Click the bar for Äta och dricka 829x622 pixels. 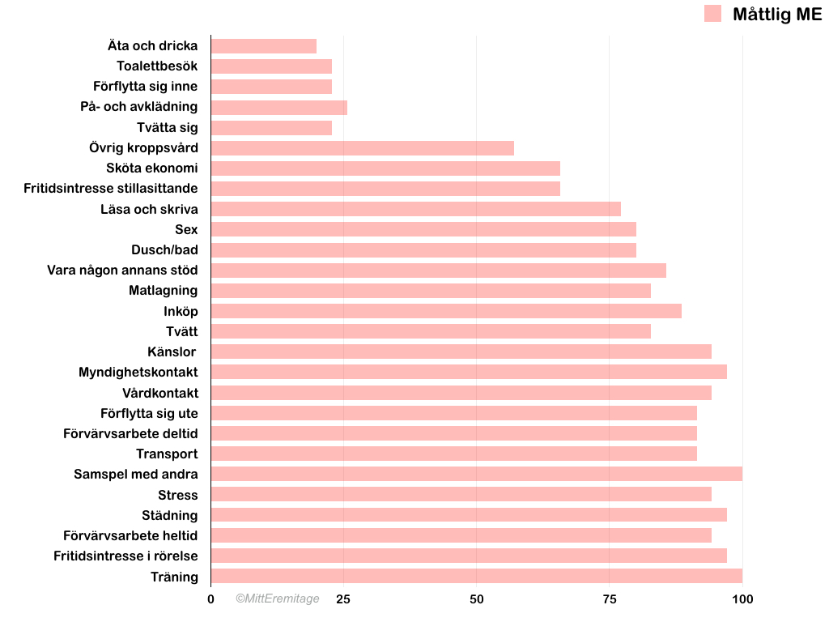click(x=263, y=46)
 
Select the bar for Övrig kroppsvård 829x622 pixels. click(x=362, y=148)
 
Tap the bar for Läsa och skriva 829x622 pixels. click(x=415, y=209)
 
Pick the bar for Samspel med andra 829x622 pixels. click(x=476, y=474)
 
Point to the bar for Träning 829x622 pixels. click(x=476, y=576)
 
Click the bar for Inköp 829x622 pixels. click(x=445, y=311)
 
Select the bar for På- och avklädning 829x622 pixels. click(x=278, y=107)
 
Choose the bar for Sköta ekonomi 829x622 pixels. click(x=385, y=168)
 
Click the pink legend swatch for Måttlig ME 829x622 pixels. click(x=712, y=14)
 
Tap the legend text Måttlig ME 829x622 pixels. click(x=776, y=14)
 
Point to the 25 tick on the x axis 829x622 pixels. click(x=343, y=599)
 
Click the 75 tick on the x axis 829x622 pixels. click(x=609, y=599)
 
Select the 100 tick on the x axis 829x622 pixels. click(x=742, y=599)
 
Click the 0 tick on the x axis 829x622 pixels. click(x=210, y=599)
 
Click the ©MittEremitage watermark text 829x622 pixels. click(x=278, y=599)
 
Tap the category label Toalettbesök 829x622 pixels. click(x=157, y=66)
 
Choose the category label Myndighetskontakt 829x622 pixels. click(x=138, y=372)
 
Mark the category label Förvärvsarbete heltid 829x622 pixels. click(x=130, y=535)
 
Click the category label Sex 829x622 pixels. click(x=186, y=229)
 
